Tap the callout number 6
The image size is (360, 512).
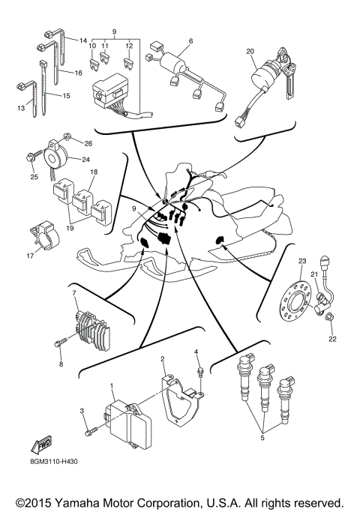pyautogui.click(x=190, y=40)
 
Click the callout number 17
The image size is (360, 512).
pyautogui.click(x=30, y=256)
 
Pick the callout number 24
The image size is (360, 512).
pyautogui.click(x=85, y=159)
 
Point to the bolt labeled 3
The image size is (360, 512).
pyautogui.click(x=88, y=430)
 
